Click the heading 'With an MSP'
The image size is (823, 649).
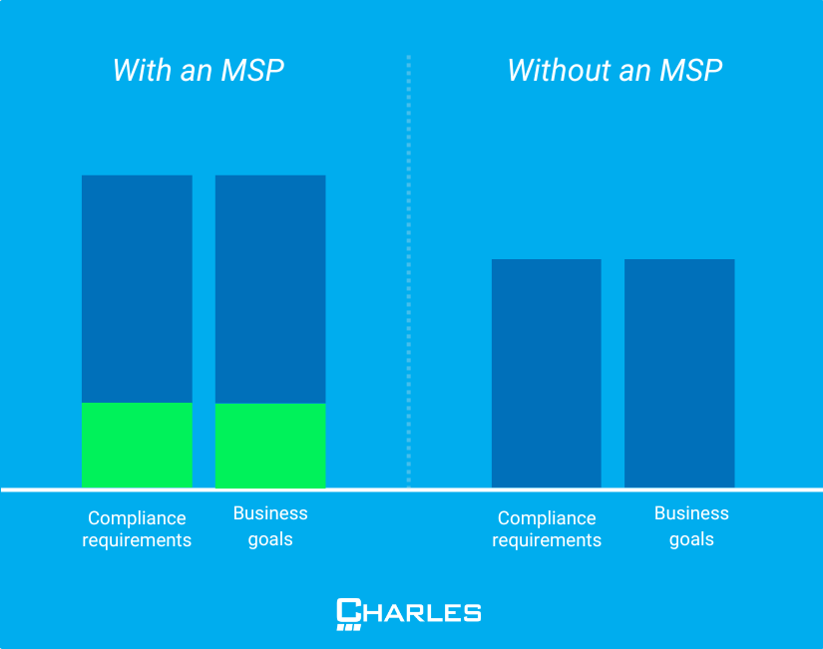198,71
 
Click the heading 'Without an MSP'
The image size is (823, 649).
615,71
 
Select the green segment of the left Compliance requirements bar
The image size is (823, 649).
137,445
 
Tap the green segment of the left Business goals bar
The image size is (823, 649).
270,445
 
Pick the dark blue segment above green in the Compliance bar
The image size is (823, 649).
137,288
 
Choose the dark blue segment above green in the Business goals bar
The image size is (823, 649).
270,288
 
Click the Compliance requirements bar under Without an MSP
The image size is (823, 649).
547,373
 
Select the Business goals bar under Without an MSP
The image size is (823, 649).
679,373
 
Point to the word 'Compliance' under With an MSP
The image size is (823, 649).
137,518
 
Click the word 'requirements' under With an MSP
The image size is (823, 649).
137,540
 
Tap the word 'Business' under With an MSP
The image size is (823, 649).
270,513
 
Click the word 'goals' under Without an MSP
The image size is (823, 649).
691,539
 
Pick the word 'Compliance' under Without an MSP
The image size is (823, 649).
547,518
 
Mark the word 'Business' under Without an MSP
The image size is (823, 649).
691,513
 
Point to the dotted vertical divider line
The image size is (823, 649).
408,269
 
